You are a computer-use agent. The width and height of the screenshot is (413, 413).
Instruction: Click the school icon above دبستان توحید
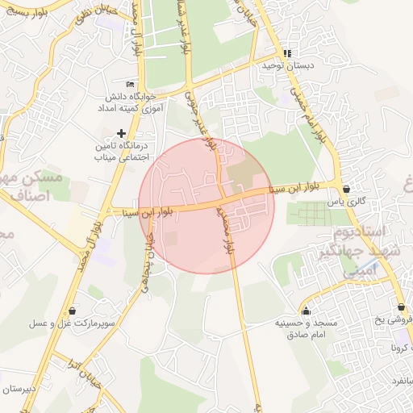(286, 54)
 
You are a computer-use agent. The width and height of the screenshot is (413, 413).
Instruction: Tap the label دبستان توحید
(286, 66)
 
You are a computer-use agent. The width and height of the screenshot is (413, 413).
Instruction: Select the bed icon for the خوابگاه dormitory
(131, 85)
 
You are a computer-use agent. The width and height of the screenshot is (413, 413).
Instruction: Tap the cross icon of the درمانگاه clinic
(121, 133)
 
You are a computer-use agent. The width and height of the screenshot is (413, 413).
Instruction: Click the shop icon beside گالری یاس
(346, 190)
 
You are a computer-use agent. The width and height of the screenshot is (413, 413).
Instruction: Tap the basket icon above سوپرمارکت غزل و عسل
(73, 310)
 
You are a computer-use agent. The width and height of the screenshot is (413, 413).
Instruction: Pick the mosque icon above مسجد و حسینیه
(305, 311)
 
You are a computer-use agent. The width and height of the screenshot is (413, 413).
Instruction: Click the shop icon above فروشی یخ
(401, 307)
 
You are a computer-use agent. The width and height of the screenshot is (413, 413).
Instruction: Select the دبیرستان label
(19, 389)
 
